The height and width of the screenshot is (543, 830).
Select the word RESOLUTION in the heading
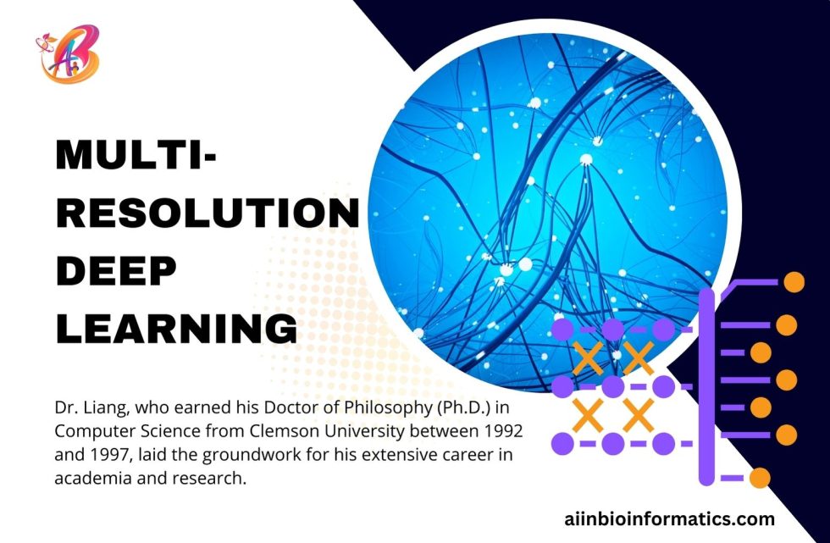coord(207,214)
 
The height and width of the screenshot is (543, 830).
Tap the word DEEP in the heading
coord(116,271)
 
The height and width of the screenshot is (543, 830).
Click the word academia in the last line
coord(90,478)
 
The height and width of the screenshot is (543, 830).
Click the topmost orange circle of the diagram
coord(794,282)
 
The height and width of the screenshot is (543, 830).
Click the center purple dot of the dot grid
coord(612,387)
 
